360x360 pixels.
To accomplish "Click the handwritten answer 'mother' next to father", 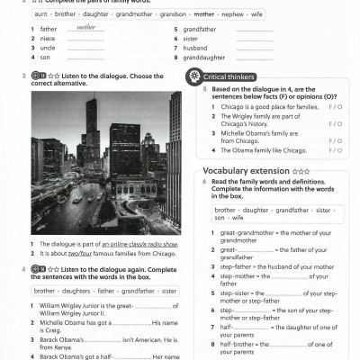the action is click(86, 28).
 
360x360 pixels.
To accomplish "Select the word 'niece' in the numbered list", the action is click(48, 39).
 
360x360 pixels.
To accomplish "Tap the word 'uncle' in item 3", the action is click(48, 48).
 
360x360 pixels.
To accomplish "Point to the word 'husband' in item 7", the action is click(197, 48).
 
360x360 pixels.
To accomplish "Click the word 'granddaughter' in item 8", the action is click(206, 58).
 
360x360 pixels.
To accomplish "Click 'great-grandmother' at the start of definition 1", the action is click(245, 232).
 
